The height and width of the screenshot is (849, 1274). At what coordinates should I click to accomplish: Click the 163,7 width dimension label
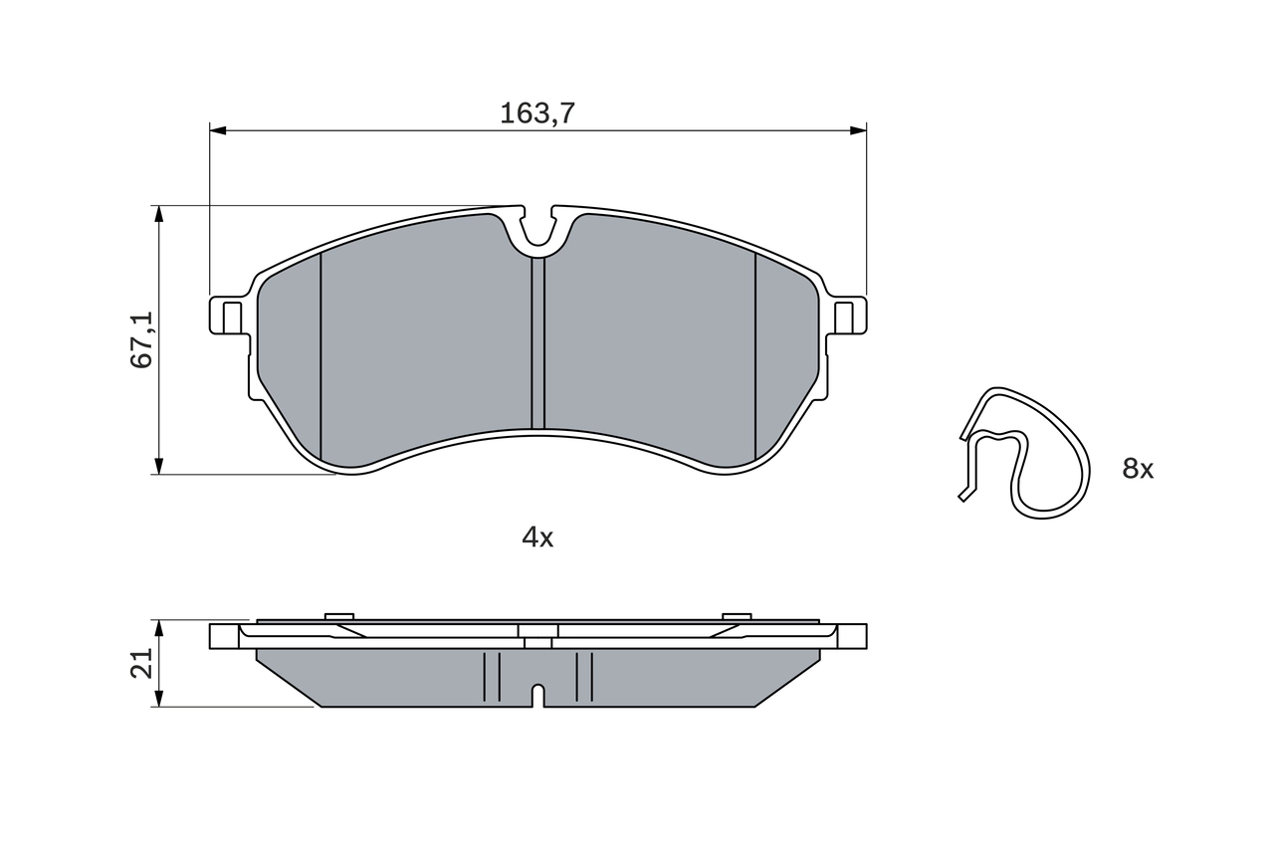tap(537, 112)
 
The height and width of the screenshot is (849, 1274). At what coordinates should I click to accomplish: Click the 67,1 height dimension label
tap(142, 339)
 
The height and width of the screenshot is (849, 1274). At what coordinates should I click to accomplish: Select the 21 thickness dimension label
tap(142, 663)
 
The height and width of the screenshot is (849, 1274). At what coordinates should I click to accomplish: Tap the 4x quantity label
tap(537, 538)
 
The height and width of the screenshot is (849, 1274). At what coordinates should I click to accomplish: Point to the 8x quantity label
tap(1138, 470)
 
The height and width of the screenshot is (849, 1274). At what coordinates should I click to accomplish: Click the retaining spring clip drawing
tap(1025, 453)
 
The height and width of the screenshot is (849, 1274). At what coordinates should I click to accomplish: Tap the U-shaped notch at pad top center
tap(537, 229)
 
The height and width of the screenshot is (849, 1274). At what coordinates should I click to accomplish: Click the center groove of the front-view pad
tap(537, 343)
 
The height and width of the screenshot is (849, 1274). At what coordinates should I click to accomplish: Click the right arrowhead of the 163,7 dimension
tap(857, 130)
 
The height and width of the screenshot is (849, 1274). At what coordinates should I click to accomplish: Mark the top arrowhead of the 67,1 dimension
tap(158, 215)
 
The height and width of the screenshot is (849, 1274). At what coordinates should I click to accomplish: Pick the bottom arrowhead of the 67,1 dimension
tap(158, 465)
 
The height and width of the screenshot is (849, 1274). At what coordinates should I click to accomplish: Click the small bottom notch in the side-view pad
tap(537, 695)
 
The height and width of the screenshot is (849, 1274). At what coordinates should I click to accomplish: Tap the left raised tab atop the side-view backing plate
tap(339, 617)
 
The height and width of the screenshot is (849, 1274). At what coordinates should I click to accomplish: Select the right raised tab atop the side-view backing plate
tap(737, 617)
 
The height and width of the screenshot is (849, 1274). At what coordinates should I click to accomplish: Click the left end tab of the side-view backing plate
tap(224, 636)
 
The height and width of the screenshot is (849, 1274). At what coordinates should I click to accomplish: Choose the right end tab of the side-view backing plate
tap(852, 636)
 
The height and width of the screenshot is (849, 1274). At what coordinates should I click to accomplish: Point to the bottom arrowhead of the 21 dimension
tap(158, 699)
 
